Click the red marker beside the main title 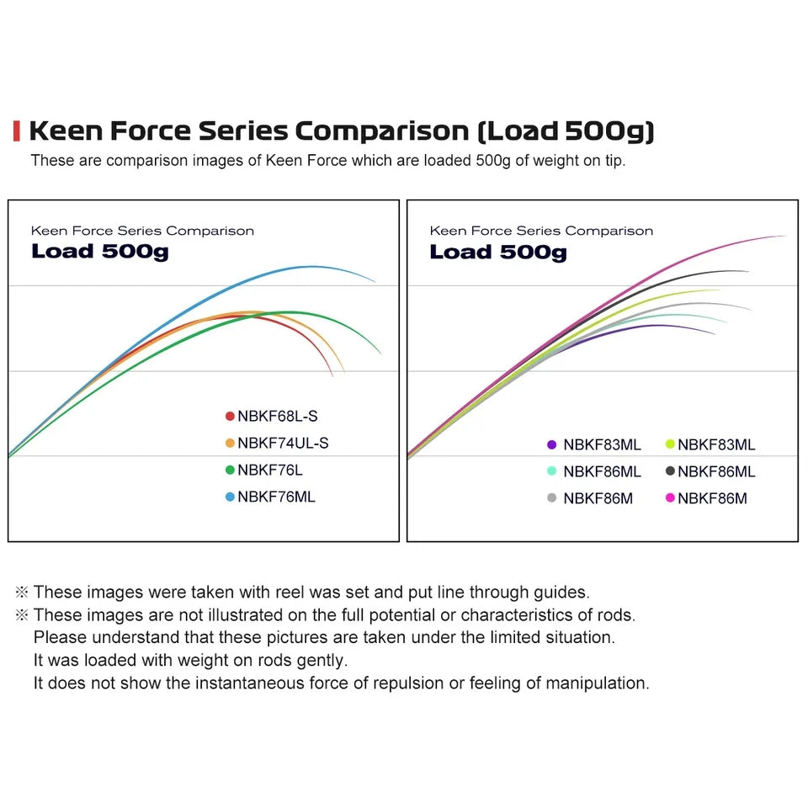17,130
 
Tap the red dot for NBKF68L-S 230,416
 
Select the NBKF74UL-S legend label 277,443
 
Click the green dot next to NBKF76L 230,470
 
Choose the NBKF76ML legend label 276,497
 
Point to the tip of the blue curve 375,281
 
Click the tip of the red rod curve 333,375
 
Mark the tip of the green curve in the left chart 380,353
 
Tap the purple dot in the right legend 552,444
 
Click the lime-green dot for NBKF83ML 670,444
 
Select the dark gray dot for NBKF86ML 670,471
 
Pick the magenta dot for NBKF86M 670,498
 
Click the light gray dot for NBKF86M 552,498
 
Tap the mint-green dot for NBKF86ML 552,471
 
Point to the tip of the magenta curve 786,237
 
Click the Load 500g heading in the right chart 497,252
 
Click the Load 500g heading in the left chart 99,252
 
